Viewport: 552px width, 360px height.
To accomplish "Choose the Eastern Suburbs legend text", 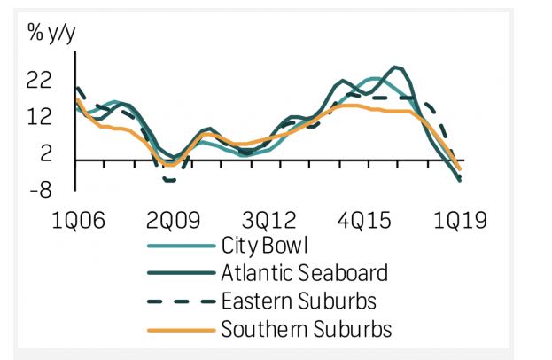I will (x=300, y=301).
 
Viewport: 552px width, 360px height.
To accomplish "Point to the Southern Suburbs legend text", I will (x=307, y=330).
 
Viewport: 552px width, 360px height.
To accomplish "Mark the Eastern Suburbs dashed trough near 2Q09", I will (x=168, y=180).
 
